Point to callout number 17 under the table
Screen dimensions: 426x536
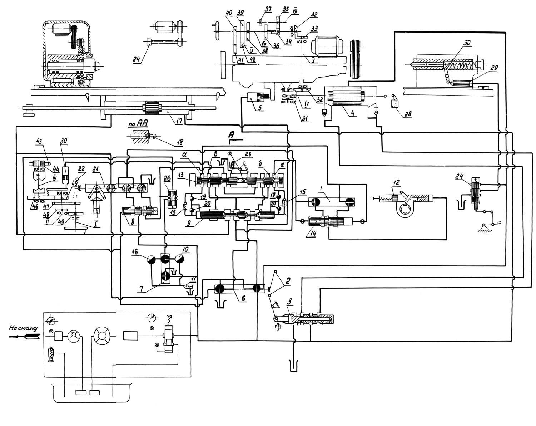(179, 121)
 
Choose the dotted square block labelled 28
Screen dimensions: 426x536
(395, 104)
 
